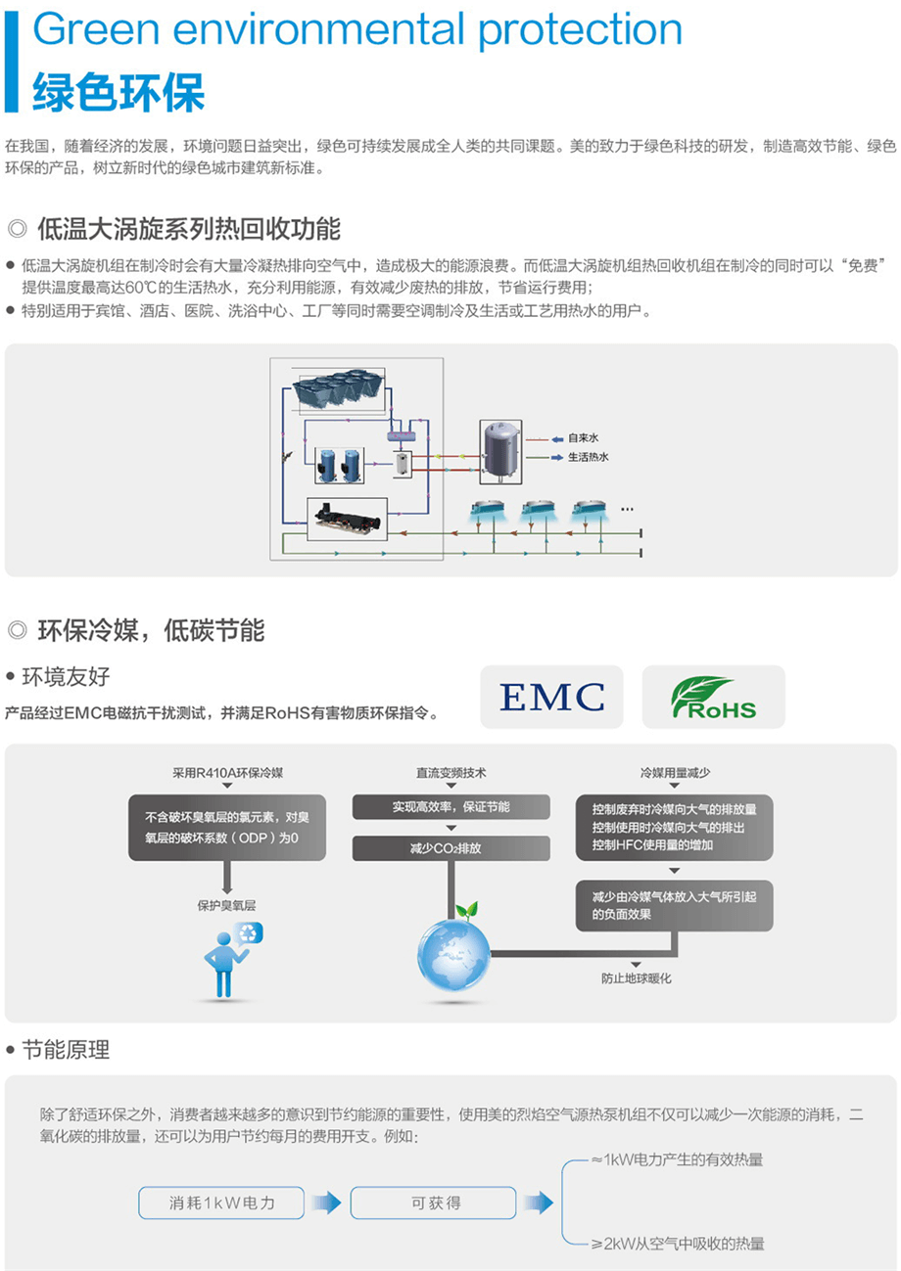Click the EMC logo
click(551, 697)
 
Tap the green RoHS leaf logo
click(714, 697)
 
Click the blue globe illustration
click(453, 954)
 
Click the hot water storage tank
click(500, 452)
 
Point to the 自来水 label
click(583, 438)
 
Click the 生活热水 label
click(588, 457)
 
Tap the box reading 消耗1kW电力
click(221, 1203)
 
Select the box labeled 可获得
click(434, 1203)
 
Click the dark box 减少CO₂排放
click(451, 848)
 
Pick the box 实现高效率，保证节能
click(451, 807)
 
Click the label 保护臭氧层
click(226, 906)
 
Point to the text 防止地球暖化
click(637, 978)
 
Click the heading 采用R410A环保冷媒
click(227, 773)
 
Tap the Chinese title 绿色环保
click(119, 93)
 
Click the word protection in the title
click(580, 30)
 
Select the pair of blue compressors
click(340, 466)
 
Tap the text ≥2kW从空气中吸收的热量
click(678, 1244)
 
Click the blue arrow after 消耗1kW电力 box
click(327, 1203)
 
